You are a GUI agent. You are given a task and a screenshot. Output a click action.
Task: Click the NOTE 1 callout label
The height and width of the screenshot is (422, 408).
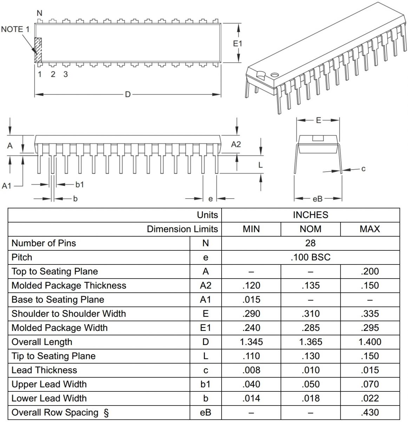(x=15, y=29)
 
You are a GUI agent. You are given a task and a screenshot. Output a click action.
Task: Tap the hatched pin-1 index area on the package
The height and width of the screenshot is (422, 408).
(x=38, y=50)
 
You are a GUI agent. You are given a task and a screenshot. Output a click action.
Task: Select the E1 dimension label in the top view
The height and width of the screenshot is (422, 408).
(x=238, y=44)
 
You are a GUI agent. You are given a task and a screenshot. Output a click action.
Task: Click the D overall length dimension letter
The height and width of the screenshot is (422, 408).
(x=128, y=94)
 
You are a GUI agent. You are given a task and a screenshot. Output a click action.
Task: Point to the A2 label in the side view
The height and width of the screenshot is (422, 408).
(x=236, y=144)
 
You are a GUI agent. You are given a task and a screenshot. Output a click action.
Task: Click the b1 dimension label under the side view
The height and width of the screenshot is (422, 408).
(x=80, y=184)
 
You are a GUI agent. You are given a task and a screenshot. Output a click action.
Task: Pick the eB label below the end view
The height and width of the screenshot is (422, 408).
(x=317, y=199)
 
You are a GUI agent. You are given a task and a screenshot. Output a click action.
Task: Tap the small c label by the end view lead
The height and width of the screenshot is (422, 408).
(x=363, y=169)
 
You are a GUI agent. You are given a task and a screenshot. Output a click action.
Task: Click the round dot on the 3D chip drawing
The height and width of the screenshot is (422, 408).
(x=274, y=75)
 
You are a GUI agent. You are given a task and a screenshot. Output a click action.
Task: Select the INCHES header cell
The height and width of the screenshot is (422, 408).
(x=310, y=215)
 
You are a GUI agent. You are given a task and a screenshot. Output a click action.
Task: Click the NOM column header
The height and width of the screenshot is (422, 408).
(x=310, y=229)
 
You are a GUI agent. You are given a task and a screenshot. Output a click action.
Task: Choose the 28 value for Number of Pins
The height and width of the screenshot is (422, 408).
(x=310, y=243)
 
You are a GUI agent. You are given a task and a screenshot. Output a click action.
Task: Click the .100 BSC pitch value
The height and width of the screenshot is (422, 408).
(x=310, y=257)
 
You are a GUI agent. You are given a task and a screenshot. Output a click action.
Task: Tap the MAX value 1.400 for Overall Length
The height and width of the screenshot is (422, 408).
(x=370, y=342)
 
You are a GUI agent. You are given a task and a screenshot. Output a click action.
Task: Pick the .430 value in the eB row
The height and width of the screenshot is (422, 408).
(x=370, y=413)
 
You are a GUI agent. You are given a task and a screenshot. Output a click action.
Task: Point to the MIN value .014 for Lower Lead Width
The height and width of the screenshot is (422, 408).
(x=251, y=398)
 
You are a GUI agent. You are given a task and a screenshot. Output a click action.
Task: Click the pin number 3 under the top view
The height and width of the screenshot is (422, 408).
(x=65, y=74)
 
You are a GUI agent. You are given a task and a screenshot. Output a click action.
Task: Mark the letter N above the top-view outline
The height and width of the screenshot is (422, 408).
(x=39, y=13)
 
